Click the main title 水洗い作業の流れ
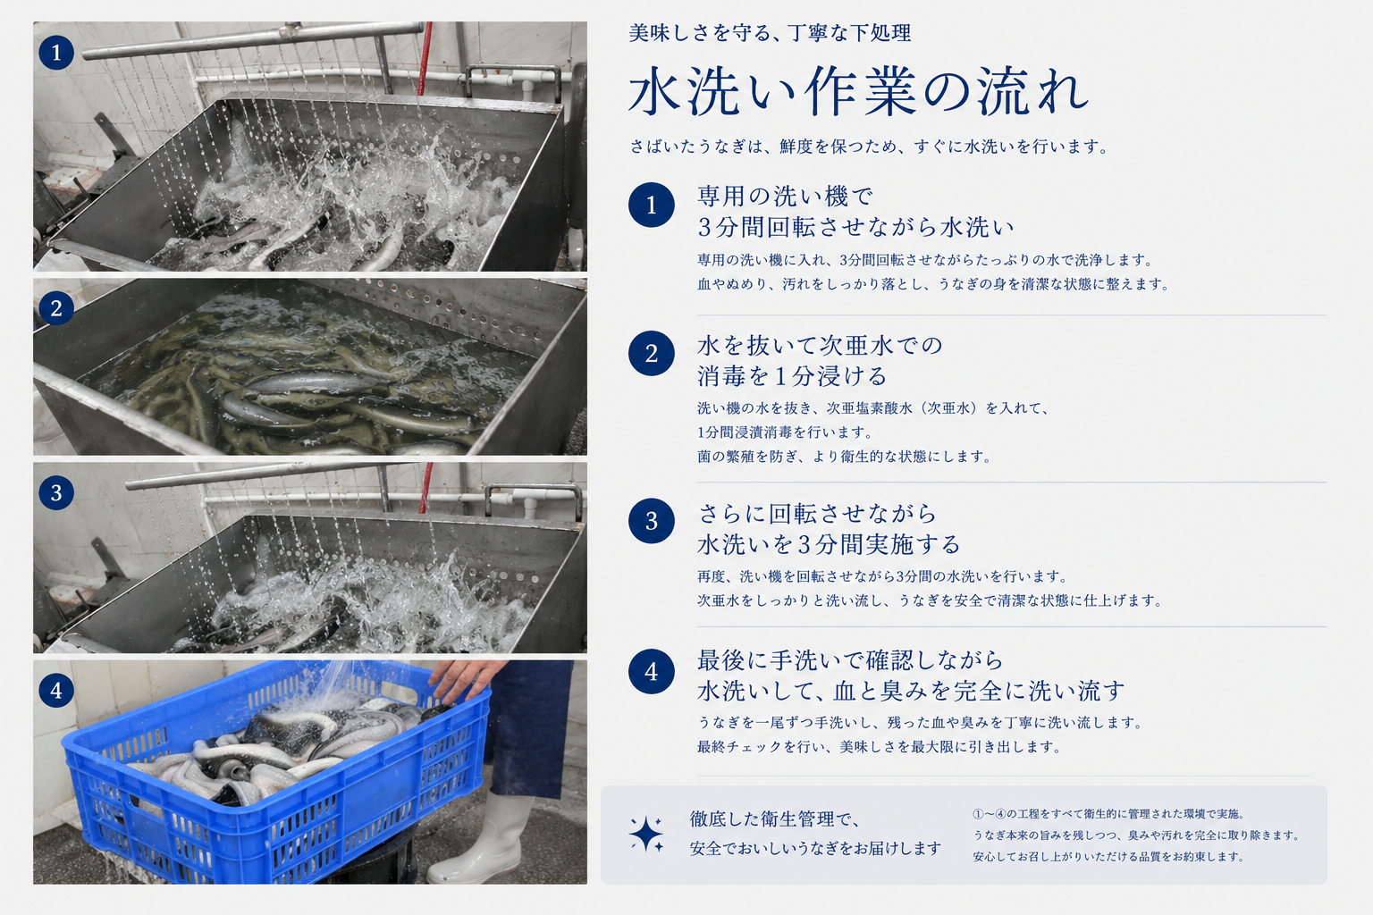pos(858,92)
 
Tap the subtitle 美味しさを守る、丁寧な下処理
pos(770,32)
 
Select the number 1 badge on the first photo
pos(56,52)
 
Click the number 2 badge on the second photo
pos(56,307)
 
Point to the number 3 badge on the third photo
pos(56,492)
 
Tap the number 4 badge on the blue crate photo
pos(56,690)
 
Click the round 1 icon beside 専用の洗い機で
pos(651,205)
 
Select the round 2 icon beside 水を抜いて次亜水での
pos(651,353)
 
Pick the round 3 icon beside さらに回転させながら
pos(651,521)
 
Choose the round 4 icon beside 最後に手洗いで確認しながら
pos(651,672)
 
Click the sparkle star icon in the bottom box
pos(646,834)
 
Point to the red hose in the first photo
pos(425,58)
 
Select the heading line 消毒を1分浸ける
pos(791,376)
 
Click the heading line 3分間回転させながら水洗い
pos(855,227)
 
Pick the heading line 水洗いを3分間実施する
pos(829,544)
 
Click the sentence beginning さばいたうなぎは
pos(869,147)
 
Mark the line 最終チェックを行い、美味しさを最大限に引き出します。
pos(879,746)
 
